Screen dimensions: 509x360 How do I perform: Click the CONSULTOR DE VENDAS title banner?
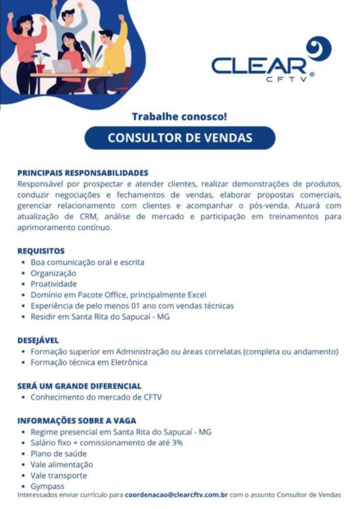(x=180, y=138)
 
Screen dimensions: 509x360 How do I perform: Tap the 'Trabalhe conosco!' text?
(x=179, y=117)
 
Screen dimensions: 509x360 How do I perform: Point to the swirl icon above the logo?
(x=318, y=49)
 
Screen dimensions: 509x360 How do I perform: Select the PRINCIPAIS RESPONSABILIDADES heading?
(x=83, y=172)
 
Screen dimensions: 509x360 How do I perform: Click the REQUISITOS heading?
(x=41, y=251)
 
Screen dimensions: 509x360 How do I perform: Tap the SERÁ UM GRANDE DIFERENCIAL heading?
(x=79, y=386)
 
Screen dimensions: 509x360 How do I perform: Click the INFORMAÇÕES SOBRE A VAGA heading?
(x=76, y=421)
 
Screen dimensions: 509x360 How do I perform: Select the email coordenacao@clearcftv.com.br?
(x=176, y=494)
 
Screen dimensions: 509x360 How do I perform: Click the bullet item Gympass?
(x=48, y=486)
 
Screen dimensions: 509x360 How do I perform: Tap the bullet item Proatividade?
(x=54, y=284)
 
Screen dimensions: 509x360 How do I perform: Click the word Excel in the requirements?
(x=196, y=295)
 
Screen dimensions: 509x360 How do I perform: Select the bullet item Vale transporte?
(x=59, y=475)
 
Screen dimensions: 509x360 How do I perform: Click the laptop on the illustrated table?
(x=62, y=66)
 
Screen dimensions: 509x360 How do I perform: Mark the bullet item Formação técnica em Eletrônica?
(x=89, y=362)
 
